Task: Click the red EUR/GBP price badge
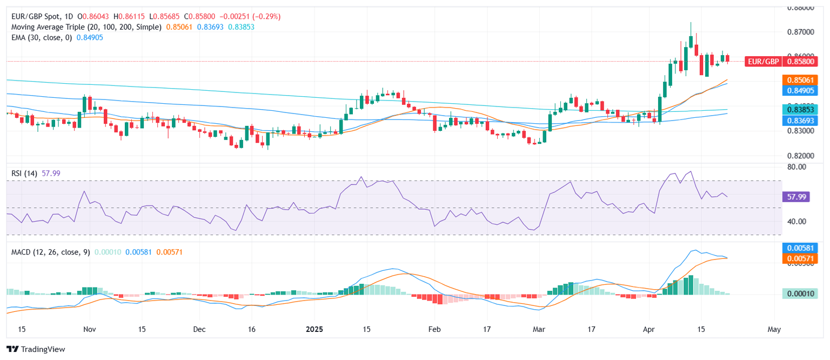click(x=764, y=62)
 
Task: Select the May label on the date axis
click(x=774, y=329)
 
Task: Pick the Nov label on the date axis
click(x=90, y=329)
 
